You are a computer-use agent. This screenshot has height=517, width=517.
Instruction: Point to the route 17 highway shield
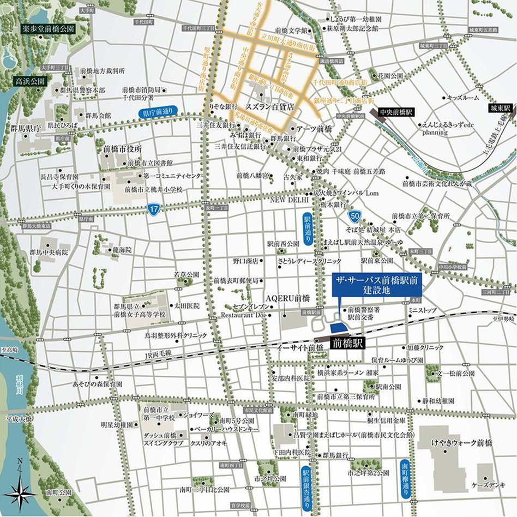click(x=154, y=209)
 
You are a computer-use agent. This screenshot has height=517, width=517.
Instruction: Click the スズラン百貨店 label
click(x=270, y=109)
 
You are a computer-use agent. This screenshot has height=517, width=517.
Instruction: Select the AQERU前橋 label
click(x=287, y=298)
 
